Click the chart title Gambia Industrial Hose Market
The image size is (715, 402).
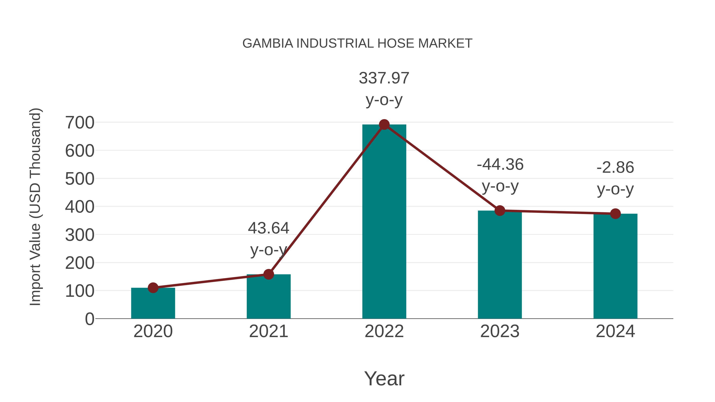click(x=357, y=43)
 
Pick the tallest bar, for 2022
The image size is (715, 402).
click(x=384, y=222)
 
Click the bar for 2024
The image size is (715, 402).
click(x=615, y=266)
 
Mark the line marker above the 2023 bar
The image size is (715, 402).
click(x=500, y=211)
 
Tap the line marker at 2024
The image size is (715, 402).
click(x=615, y=214)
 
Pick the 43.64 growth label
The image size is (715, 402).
click(x=268, y=239)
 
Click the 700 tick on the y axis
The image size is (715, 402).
click(x=80, y=123)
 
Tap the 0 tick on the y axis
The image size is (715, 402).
click(x=89, y=319)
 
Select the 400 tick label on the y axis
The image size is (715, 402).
click(x=80, y=207)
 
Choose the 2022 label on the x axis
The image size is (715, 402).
click(x=384, y=331)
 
